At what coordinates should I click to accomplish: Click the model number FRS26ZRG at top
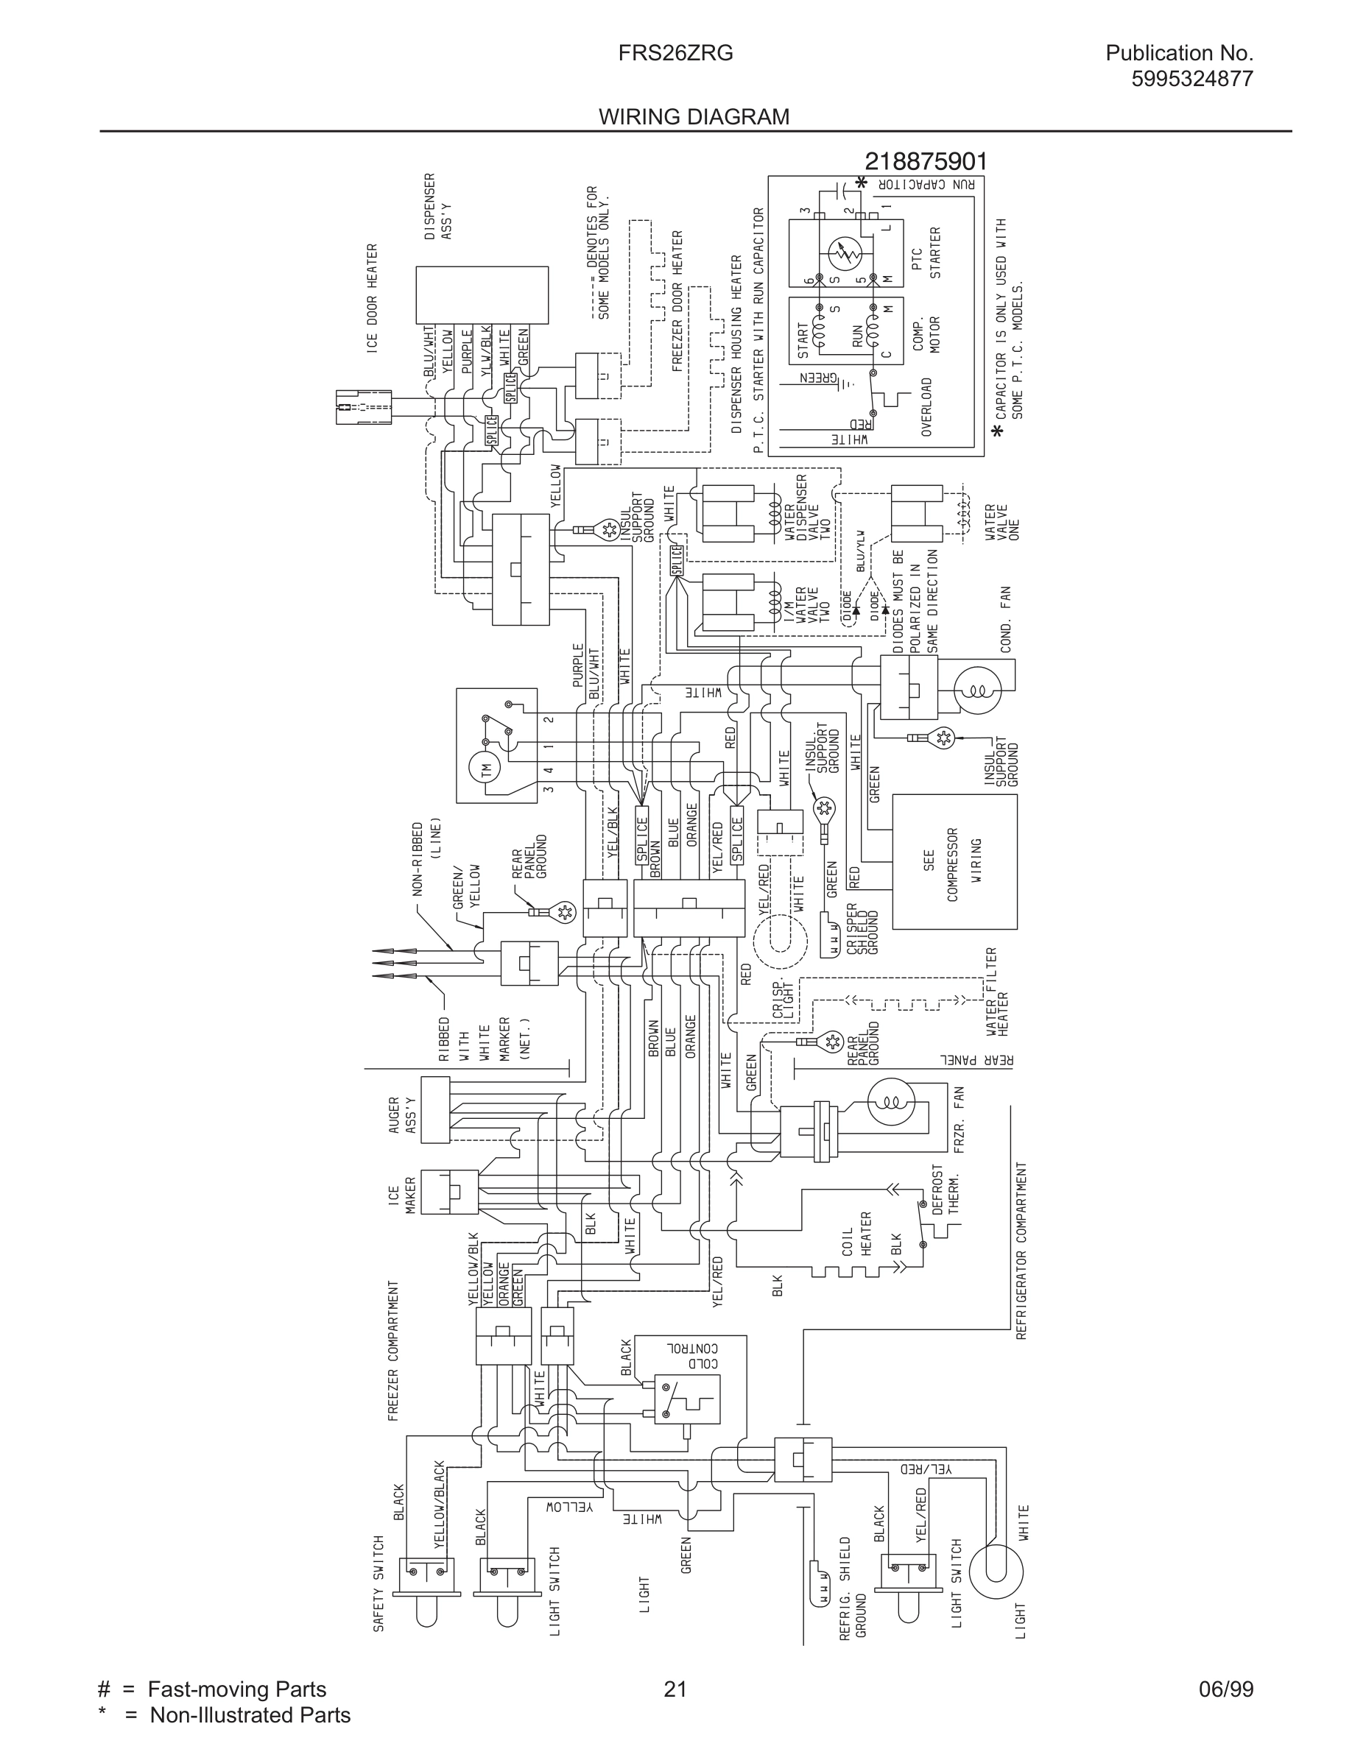tap(675, 54)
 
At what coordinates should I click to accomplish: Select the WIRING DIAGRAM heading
tap(694, 117)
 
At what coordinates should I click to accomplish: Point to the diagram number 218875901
tap(926, 162)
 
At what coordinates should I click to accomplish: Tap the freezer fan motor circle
tap(890, 1102)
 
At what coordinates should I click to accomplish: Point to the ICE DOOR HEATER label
tap(373, 298)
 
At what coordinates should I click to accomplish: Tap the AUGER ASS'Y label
tap(402, 1114)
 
